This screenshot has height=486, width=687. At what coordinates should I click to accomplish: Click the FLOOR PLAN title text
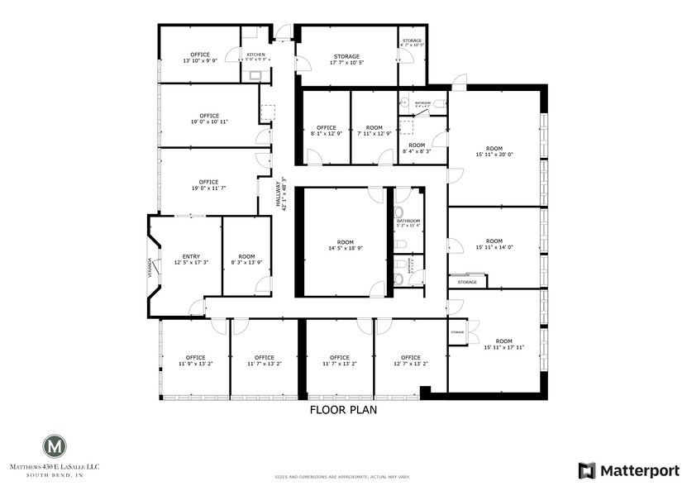(343, 409)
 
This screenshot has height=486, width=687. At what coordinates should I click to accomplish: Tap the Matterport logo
(627, 470)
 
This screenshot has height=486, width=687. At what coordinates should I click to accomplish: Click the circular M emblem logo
(55, 446)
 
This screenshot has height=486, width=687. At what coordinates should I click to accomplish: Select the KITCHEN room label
(255, 56)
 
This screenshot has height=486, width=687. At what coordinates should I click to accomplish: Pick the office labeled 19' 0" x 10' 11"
(208, 118)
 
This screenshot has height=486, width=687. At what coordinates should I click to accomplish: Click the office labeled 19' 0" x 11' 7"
(208, 185)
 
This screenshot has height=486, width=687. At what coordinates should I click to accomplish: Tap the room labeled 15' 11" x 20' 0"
(494, 151)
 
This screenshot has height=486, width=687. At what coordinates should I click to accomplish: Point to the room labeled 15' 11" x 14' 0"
(494, 245)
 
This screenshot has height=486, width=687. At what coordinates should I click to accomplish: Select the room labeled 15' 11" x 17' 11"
(503, 344)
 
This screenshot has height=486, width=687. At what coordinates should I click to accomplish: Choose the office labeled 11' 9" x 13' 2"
(195, 360)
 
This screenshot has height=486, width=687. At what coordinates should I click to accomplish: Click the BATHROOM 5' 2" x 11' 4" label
(408, 223)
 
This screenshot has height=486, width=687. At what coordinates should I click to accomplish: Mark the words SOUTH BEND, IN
(55, 477)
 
